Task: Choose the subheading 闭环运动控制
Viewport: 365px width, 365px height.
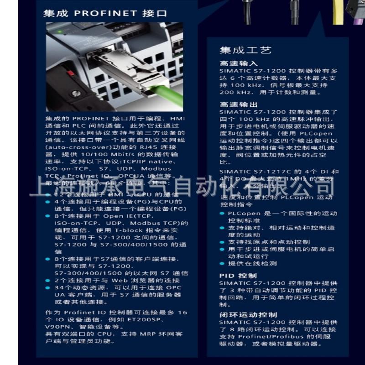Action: click(248, 315)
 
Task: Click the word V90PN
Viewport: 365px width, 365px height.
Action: click(57, 327)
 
